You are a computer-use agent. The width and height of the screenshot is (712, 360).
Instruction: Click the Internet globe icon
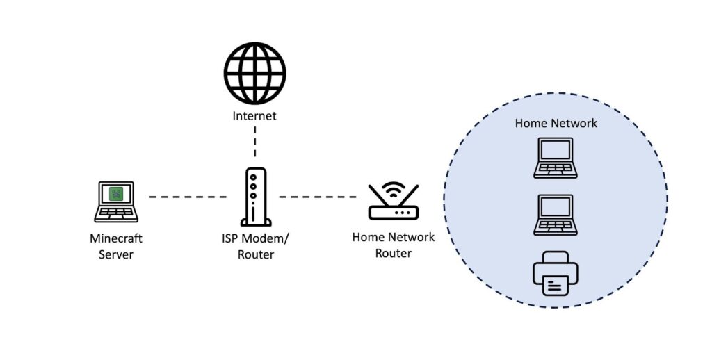tap(254, 74)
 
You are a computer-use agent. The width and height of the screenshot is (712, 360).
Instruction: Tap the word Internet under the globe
tap(254, 116)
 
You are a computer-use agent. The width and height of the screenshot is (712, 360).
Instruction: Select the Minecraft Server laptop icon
tap(116, 201)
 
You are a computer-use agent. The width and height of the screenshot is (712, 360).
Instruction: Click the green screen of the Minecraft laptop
tap(116, 194)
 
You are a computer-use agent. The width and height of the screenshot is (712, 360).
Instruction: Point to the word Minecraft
tap(116, 238)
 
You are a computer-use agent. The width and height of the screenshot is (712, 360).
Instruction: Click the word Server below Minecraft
tap(116, 254)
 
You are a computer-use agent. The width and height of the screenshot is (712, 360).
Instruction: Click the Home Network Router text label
tap(394, 245)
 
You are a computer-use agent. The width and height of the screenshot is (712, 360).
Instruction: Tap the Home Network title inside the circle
tap(556, 123)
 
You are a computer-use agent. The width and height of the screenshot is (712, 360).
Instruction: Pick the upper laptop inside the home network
tap(556, 158)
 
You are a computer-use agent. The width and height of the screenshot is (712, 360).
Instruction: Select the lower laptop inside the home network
tap(556, 215)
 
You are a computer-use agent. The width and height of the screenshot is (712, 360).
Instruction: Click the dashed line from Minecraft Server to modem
tap(188, 197)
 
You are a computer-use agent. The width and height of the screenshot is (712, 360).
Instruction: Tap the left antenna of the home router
tap(376, 195)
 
